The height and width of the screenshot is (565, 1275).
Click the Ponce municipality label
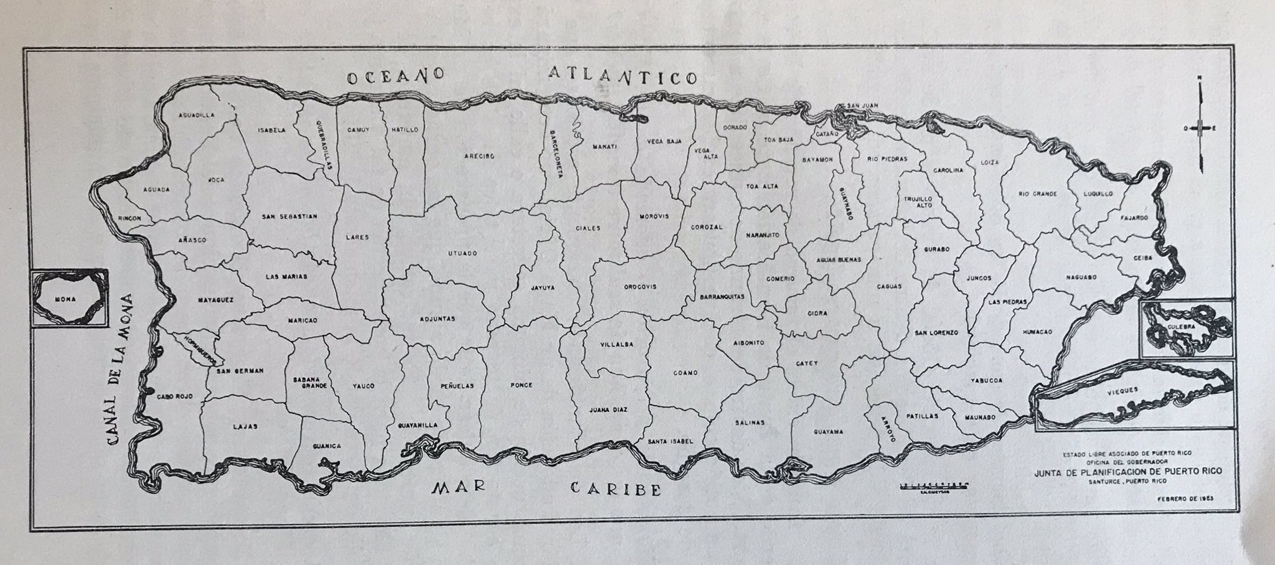coord(521,385)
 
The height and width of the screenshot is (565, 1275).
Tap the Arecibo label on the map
coord(479,157)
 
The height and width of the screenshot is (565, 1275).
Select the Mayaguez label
coord(215,300)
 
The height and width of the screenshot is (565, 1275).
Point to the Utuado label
coord(463,254)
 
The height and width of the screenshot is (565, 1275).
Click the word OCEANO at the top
coord(395,77)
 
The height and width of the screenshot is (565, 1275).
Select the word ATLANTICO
coord(623,77)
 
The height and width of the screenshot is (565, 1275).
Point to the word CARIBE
coord(616,488)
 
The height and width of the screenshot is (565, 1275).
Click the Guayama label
coord(828,431)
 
